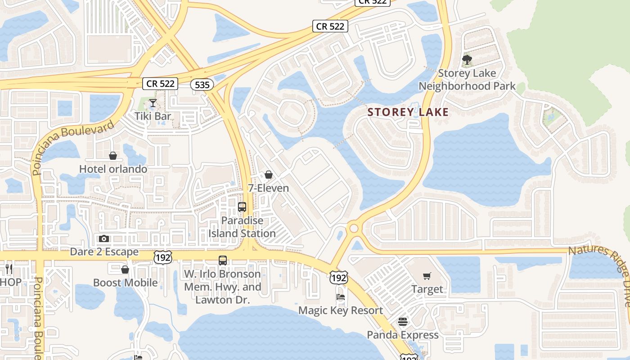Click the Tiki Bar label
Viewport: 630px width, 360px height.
pos(153,116)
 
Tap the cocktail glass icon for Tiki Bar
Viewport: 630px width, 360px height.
pos(153,103)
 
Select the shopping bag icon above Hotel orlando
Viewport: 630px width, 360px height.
pos(113,156)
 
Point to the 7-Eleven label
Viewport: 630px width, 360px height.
pos(269,188)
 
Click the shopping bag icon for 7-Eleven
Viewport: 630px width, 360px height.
pos(269,175)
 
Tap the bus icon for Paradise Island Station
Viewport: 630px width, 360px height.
pos(242,207)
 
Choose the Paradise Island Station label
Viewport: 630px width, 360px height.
pos(242,227)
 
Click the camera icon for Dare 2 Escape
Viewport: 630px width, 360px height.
pos(104,238)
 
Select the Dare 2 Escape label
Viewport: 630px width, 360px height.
pos(104,252)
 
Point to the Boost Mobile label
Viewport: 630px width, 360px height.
pos(125,283)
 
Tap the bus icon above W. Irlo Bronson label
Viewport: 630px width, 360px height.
pos(223,260)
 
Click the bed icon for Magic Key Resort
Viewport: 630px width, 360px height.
pos(341,297)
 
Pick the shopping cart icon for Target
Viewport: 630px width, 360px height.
pos(427,276)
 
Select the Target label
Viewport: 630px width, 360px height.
pos(427,289)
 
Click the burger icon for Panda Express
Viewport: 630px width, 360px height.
pos(402,322)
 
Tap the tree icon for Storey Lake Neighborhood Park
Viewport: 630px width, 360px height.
pos(467,59)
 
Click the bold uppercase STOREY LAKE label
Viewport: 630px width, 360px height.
pos(408,112)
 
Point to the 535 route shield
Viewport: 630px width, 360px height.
pos(201,85)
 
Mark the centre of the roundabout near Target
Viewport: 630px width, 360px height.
pos(354,229)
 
